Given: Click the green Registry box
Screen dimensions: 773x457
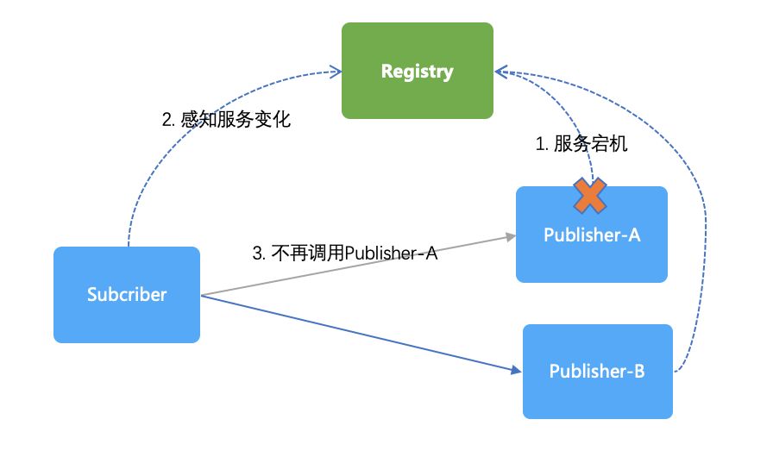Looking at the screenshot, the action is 417,71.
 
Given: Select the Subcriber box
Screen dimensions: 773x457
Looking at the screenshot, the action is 127,295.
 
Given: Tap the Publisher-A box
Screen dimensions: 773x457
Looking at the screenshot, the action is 592,235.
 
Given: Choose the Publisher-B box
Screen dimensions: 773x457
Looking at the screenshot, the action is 598,372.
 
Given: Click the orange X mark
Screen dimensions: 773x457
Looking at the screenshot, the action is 590,196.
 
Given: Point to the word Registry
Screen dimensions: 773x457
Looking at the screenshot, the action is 417,72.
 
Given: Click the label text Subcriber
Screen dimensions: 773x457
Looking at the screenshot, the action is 127,295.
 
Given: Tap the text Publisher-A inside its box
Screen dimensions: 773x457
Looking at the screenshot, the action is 592,235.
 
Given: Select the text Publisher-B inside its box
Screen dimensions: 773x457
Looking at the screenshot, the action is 597,371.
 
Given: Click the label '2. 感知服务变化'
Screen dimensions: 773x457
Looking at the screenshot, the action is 226,119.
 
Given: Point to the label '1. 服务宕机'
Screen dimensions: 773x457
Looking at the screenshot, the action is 581,144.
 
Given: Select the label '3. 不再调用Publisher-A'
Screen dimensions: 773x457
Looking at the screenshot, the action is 345,254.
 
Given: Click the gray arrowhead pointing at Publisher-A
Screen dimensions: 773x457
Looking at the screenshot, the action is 511,237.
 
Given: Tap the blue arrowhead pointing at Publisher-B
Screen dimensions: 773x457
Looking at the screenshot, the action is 517,370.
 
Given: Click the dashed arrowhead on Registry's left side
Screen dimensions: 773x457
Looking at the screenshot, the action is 336,72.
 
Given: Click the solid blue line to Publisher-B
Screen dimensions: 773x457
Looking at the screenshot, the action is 361,333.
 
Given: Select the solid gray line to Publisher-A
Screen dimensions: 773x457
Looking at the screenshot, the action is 358,266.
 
